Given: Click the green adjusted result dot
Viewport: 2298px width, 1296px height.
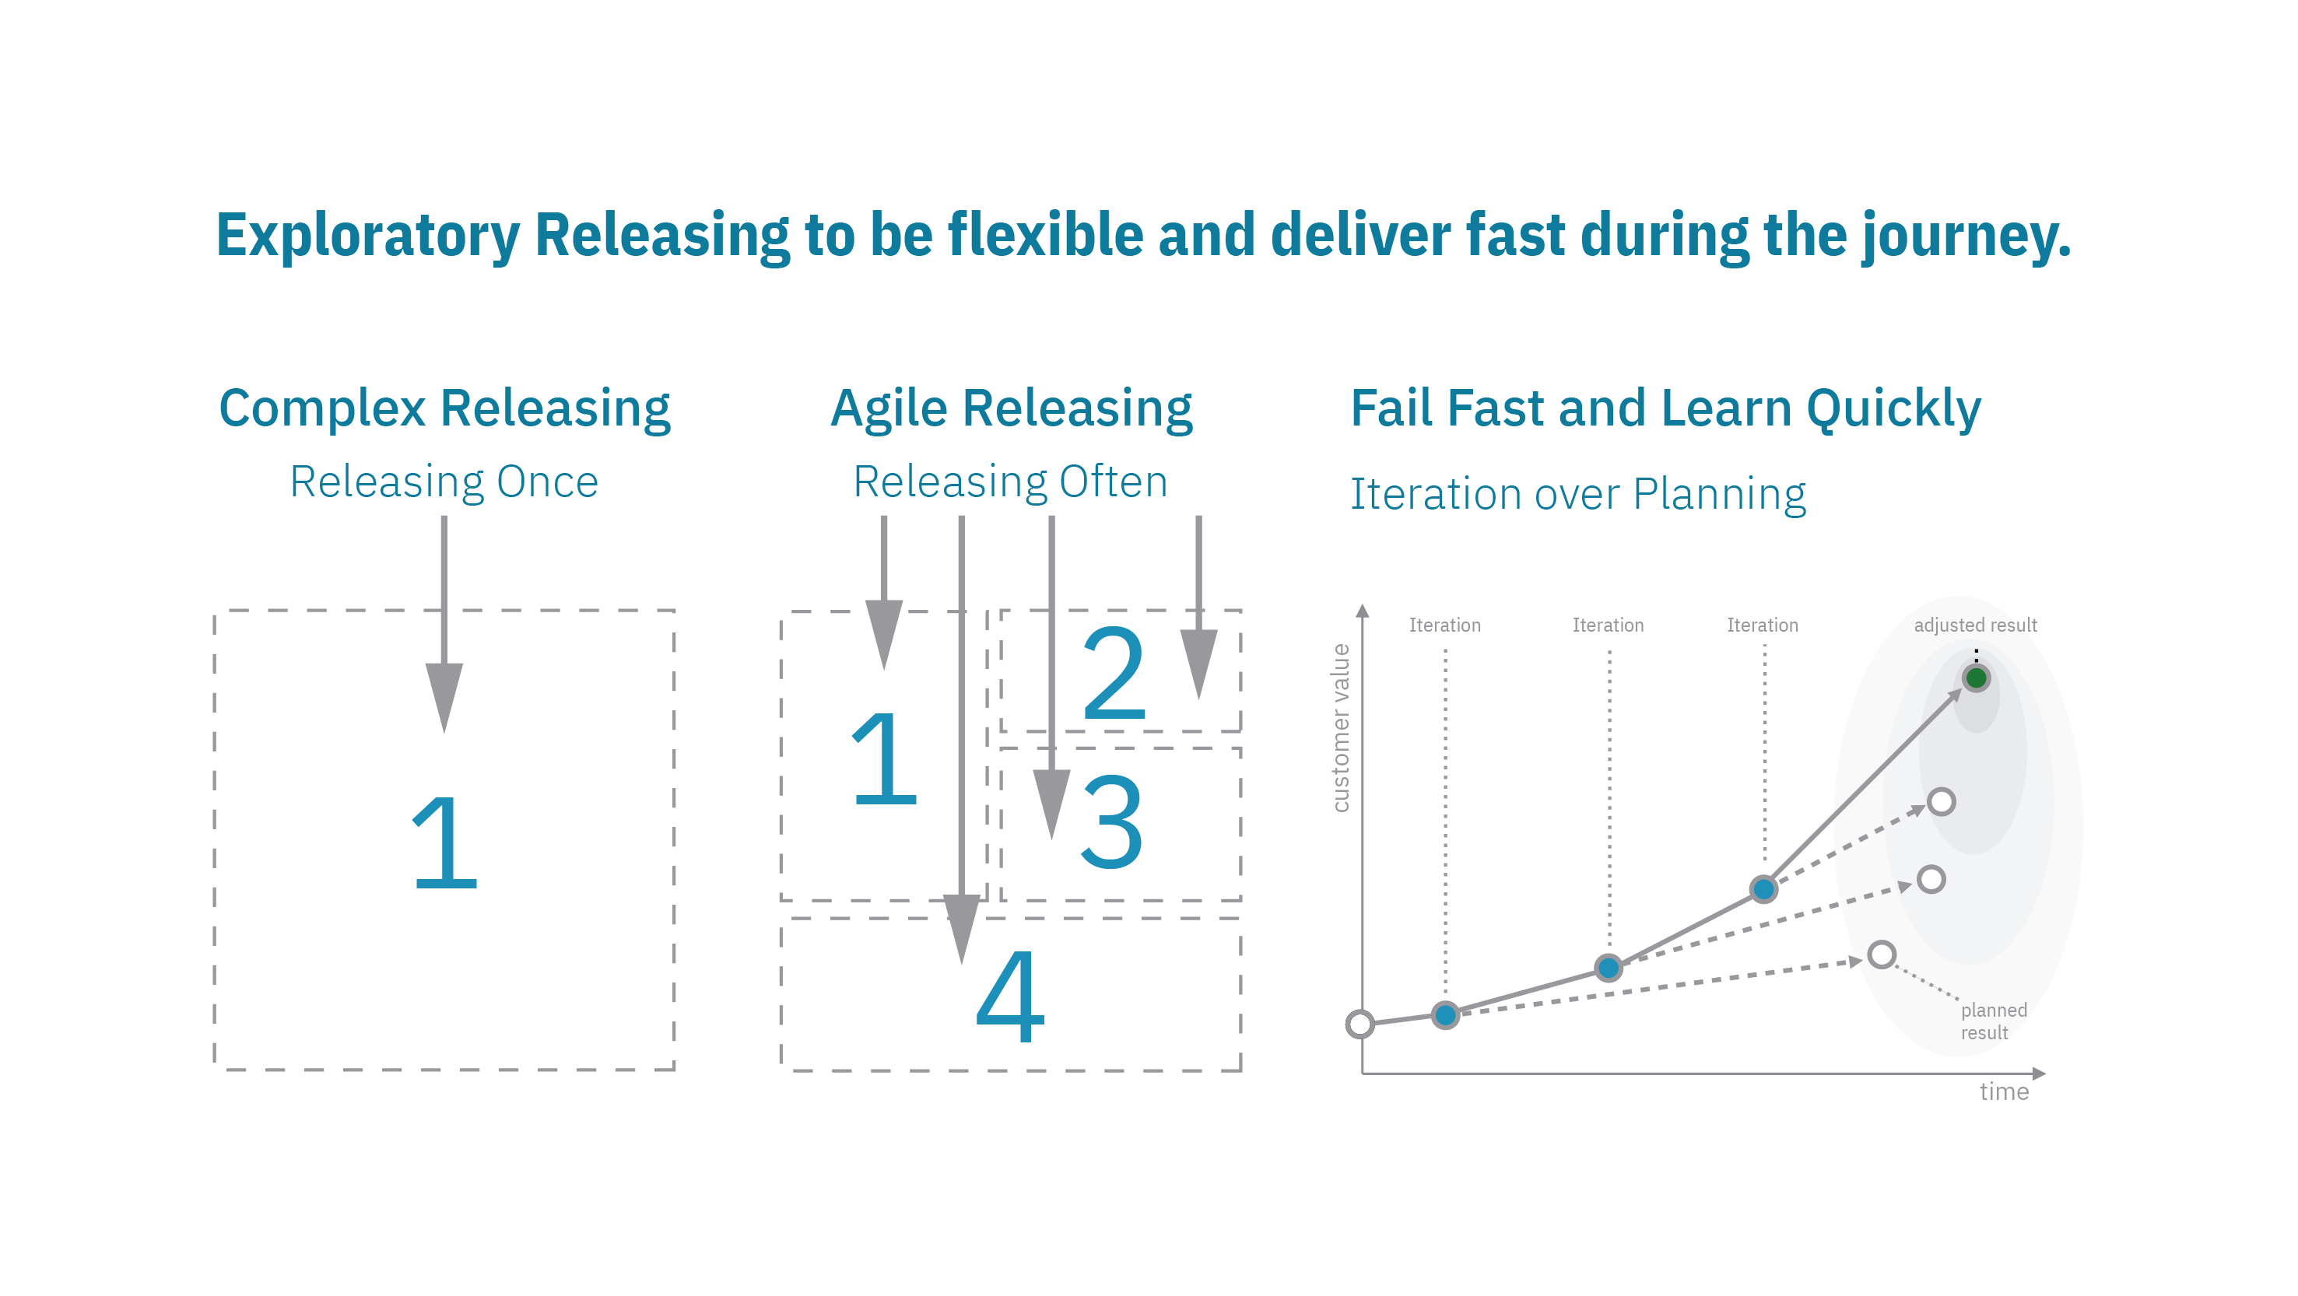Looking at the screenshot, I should pos(1976,678).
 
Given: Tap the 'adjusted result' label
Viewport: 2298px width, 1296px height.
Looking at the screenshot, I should pos(1975,625).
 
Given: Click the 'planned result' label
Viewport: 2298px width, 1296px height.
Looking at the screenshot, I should pos(1993,1021).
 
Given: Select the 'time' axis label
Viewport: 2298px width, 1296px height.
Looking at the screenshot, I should pos(2004,1091).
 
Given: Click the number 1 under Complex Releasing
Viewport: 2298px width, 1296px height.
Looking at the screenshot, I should pos(444,843).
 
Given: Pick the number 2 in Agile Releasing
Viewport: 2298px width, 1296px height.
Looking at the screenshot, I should pos(1114,674).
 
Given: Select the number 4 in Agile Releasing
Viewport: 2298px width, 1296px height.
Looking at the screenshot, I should pos(1010,997).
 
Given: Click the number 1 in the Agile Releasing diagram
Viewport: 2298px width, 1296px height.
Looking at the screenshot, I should pos(883,758).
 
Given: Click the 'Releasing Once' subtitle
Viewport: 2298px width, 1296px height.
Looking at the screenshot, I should pos(444,482).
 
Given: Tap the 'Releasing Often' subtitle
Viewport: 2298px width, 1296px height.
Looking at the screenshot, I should pos(1010,482).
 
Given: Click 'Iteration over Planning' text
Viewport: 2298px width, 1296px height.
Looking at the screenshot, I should pos(1577,494).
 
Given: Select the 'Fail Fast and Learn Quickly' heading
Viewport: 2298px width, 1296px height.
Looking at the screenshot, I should pos(1665,408).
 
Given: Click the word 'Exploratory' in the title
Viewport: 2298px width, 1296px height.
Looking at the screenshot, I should pos(367,236).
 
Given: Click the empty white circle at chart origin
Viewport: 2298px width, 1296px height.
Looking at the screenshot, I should pos(1360,1024).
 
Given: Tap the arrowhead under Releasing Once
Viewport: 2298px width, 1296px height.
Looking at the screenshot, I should pos(444,695).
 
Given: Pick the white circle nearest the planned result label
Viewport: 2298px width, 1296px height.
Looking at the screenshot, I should pos(1882,954).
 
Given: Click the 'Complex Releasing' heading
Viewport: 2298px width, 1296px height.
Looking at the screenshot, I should pos(444,408).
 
